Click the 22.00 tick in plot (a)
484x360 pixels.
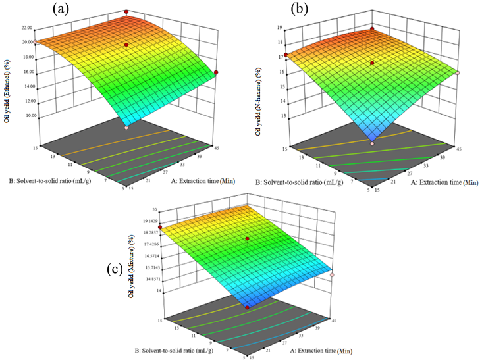pos(26,29)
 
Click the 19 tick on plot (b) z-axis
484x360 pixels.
pos(280,28)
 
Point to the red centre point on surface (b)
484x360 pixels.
pos(373,63)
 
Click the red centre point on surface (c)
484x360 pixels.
pos(248,238)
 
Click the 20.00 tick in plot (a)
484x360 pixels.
pos(26,43)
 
